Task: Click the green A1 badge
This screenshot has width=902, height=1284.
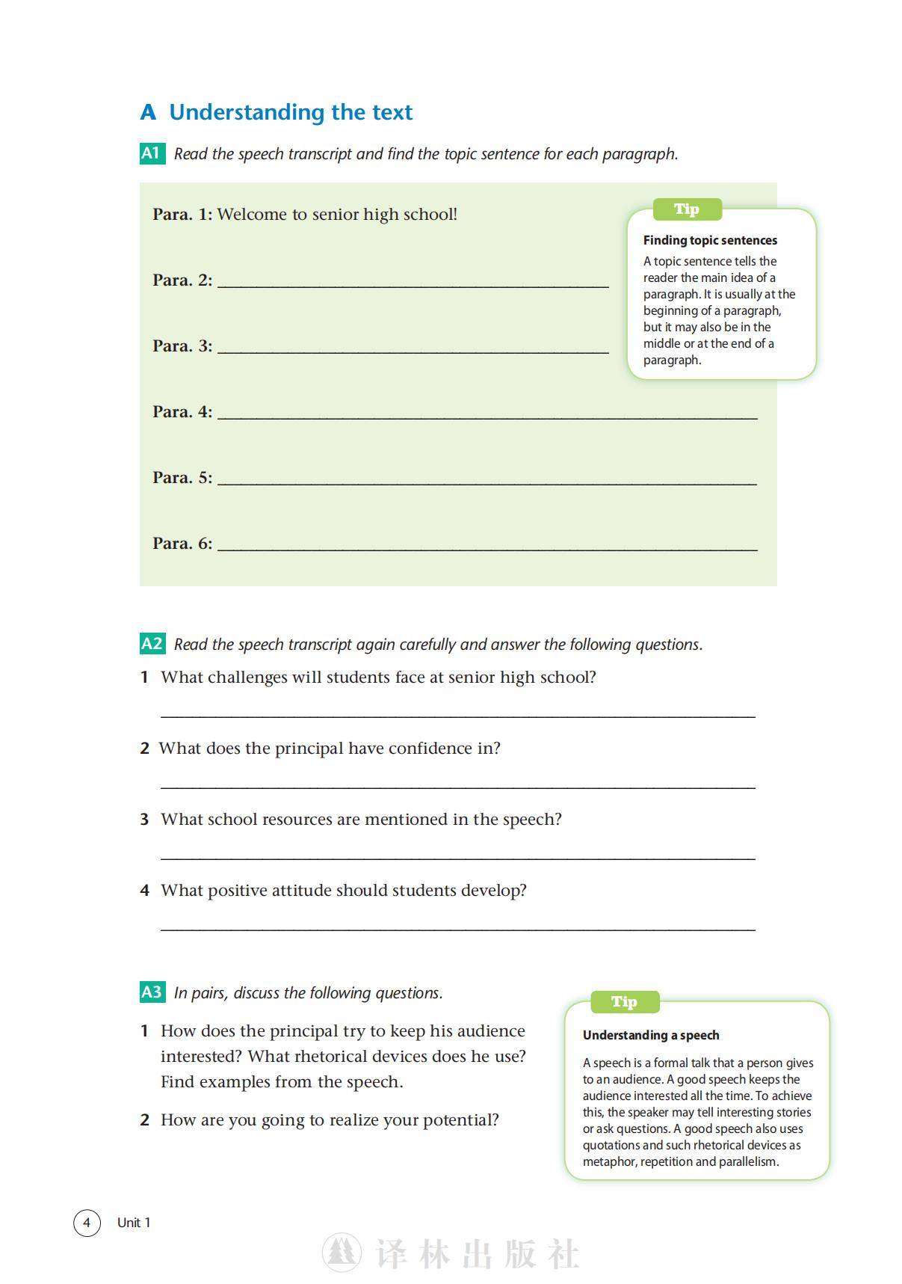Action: coord(152,153)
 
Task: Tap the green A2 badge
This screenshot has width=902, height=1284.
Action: coord(152,644)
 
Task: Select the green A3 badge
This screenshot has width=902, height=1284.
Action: coord(152,992)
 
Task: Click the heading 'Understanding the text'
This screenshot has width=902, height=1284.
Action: coord(291,112)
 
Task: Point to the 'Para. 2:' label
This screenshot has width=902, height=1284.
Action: coord(182,280)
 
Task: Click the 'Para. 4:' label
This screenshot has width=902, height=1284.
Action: coord(182,412)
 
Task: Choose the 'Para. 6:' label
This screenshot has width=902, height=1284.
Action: coord(182,544)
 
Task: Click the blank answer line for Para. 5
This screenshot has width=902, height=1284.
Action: coord(486,482)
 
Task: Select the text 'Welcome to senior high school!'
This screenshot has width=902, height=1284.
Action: coord(337,215)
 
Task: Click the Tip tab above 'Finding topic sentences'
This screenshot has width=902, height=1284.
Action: coord(687,209)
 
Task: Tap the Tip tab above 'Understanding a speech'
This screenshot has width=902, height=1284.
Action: coord(624,1002)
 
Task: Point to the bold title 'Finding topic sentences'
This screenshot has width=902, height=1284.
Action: coord(710,240)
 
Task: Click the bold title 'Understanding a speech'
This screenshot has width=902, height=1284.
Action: coord(651,1035)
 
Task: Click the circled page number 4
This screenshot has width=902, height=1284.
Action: coord(87,1223)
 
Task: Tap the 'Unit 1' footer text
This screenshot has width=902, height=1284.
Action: coord(134,1223)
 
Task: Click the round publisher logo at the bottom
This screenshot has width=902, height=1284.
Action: coord(342,1253)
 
